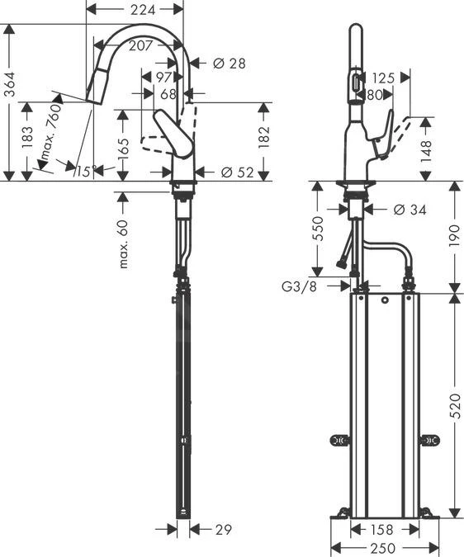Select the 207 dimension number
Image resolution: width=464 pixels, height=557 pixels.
[x=140, y=46]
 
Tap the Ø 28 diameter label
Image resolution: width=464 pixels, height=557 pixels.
[x=229, y=64]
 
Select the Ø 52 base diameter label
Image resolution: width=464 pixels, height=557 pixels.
[x=237, y=172]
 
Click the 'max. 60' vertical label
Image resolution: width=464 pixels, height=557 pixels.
[x=125, y=244]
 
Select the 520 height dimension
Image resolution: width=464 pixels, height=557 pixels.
[x=456, y=404]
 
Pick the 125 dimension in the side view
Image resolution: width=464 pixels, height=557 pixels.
[x=383, y=78]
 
